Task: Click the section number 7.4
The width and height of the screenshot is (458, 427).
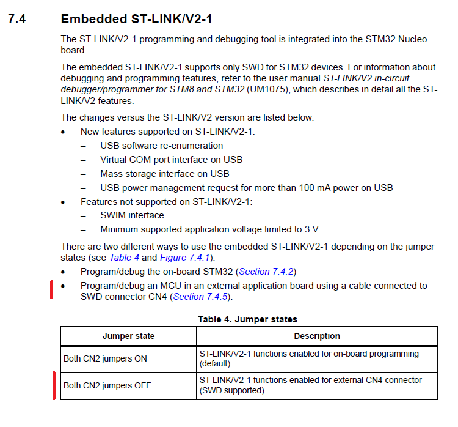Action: [x=17, y=20]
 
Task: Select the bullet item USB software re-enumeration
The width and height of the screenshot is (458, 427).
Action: [x=161, y=146]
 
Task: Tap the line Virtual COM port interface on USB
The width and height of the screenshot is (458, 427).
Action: [x=171, y=160]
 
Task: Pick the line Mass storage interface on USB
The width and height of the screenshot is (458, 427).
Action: [x=164, y=174]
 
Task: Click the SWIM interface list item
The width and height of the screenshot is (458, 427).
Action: [x=132, y=215]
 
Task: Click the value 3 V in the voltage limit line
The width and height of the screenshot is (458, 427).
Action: [x=311, y=229]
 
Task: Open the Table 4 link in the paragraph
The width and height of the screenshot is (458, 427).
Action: [x=124, y=258]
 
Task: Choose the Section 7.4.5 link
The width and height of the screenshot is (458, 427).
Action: [x=202, y=297]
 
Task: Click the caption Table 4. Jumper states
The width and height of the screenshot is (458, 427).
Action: [x=247, y=319]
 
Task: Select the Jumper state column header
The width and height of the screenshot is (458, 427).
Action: [x=128, y=336]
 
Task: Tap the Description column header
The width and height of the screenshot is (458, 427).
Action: [x=317, y=336]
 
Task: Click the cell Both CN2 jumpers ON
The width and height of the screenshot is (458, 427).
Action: [x=105, y=358]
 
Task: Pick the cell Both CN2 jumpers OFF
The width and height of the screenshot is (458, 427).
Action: [x=107, y=385]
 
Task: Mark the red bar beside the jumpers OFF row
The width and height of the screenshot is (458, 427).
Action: [x=54, y=385]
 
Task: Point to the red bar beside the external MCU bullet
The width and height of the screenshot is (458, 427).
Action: [x=53, y=291]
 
